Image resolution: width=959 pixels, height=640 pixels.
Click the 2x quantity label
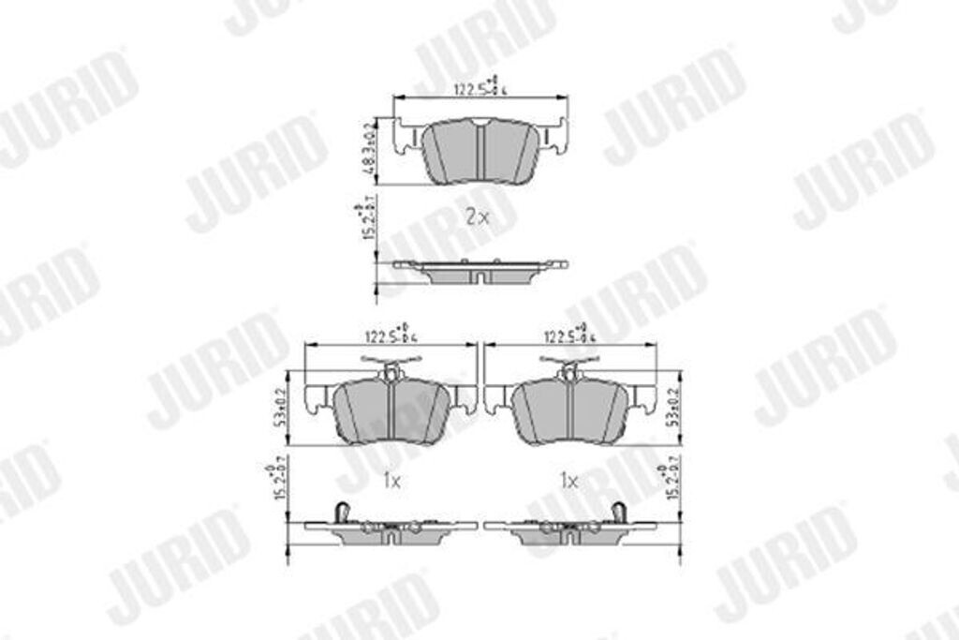coord(477,216)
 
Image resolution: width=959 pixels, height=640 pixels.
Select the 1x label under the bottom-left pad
coord(391,481)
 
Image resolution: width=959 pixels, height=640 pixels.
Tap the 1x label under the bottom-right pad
coord(568,481)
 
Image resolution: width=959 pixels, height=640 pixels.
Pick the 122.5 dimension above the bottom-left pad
coord(391,335)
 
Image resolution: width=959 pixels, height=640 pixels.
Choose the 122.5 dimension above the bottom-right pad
coord(568,335)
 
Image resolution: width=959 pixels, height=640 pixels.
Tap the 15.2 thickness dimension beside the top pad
coord(367,221)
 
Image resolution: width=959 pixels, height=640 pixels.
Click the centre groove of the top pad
coord(479,152)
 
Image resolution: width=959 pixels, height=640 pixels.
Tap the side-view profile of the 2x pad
coord(479,271)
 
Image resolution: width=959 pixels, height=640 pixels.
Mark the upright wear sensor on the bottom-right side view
coord(618,513)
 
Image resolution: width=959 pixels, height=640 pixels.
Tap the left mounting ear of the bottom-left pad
coord(317,400)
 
